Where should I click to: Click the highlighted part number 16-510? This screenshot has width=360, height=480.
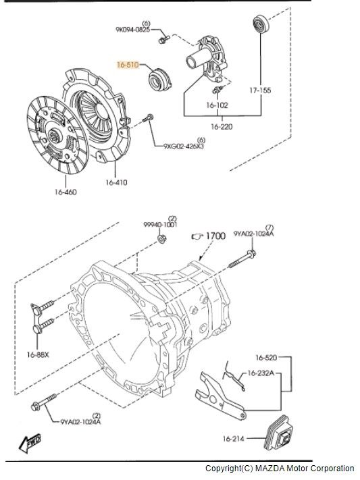128,65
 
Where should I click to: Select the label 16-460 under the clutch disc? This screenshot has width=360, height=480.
66,192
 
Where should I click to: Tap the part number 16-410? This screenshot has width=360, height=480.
116,182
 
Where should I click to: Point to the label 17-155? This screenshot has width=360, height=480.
260,90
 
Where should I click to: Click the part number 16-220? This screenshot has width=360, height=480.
222,126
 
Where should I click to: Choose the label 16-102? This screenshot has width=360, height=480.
217,105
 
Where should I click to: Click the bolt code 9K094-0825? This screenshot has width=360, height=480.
132,30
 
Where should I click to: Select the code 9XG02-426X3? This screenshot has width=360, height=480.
184,146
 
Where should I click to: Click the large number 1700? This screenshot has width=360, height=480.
215,236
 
